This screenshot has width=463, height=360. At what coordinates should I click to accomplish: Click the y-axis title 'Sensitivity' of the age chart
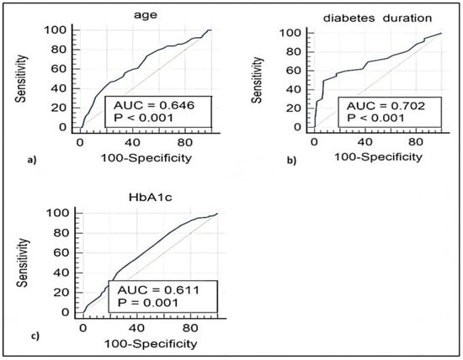[43, 77]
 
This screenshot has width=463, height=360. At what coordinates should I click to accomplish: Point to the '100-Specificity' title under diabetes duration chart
[370, 159]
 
